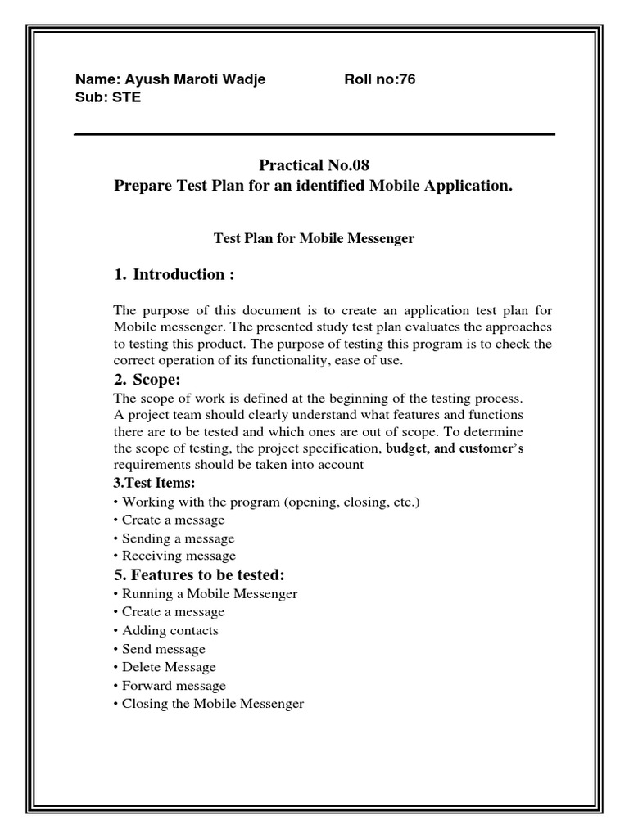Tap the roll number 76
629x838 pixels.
[407, 79]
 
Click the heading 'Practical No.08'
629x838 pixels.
[308, 165]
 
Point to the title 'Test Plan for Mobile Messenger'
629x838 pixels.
[314, 239]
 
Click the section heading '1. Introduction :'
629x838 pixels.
[174, 274]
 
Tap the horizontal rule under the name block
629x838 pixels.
[314, 134]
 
